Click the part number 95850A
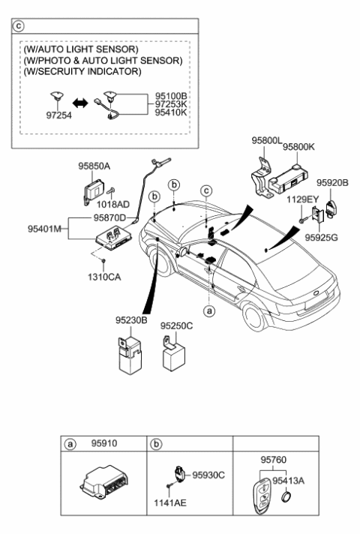pyautogui.click(x=94, y=166)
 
